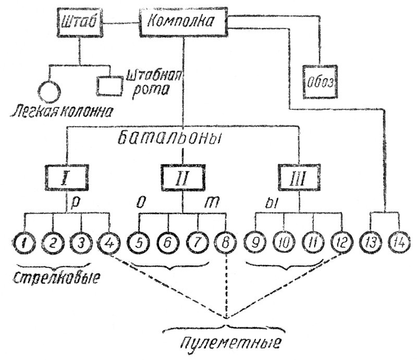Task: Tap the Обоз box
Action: (321, 81)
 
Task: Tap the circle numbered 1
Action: (23, 242)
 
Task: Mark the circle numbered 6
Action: (168, 242)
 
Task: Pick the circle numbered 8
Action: (225, 242)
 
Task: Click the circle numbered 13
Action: (371, 242)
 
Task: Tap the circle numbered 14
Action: (399, 242)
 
